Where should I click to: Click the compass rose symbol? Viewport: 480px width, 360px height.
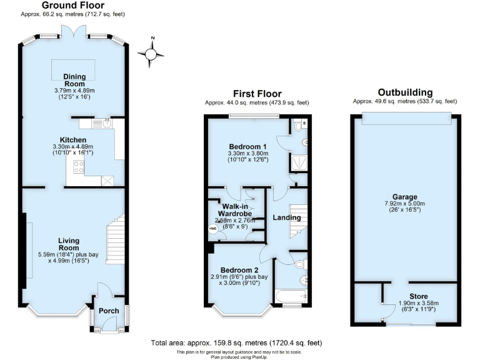pos(151,54)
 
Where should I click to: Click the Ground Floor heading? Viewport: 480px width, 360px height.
pos(63,5)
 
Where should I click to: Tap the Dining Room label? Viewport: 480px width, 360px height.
pos(74,80)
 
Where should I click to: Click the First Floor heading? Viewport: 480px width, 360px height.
pos(257,94)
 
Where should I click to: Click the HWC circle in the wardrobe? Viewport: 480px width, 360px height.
pos(212,229)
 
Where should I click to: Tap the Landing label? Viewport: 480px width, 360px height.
pos(286,217)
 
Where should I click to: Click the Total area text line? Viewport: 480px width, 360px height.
pos(237,343)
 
